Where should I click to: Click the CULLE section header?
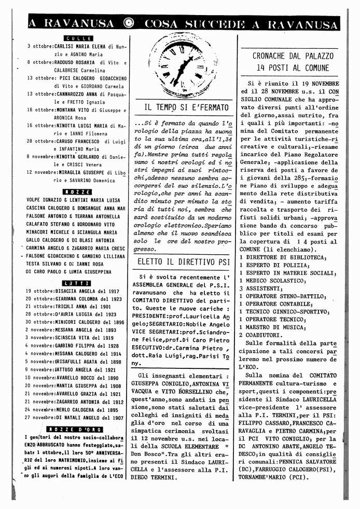[x=78, y=38]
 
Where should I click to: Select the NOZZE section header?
[x=77, y=192]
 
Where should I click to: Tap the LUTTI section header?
[x=77, y=283]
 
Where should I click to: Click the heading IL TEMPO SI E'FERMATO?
[x=186, y=108]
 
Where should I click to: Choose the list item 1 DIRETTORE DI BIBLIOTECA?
[x=283, y=258]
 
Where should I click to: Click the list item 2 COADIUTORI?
[x=265, y=335]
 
